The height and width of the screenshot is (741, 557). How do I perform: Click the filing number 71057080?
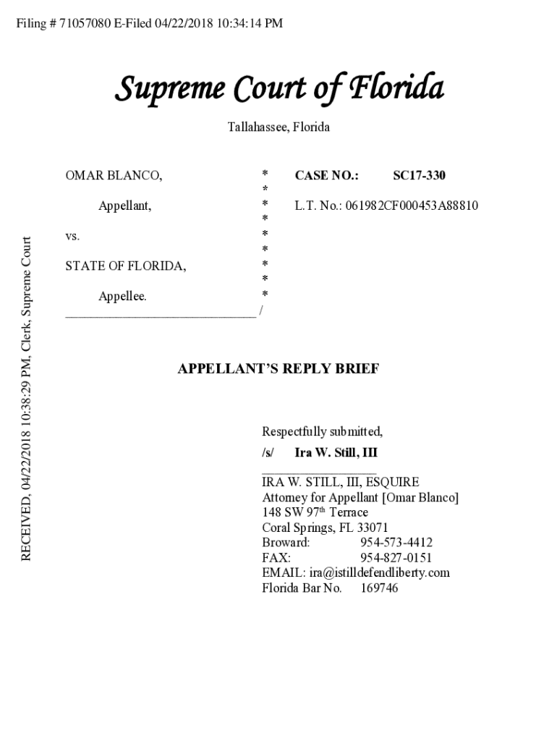pos(85,24)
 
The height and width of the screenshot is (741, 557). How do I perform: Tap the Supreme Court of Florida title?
pos(278,89)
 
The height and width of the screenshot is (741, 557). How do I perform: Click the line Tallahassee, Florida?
pos(278,127)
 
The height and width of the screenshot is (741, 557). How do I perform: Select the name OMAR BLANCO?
pos(114,175)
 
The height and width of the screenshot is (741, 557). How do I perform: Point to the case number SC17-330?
pos(419,175)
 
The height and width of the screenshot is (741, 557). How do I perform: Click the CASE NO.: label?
pos(326,175)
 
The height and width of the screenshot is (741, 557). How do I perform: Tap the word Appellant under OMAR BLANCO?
pos(124,206)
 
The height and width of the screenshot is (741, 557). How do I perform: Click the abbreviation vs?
pos(72,236)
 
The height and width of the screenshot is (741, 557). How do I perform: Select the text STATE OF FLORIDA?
pos(125,266)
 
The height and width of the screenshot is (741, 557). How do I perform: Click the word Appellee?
pos(122,297)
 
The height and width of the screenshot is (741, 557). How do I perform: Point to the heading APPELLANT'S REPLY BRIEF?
pos(278,369)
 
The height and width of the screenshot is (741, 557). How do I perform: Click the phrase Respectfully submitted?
pos(322,432)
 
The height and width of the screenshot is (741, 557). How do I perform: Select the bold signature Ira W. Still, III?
pos(336,453)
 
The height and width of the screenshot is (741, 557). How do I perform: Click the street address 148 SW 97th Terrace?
pos(315,512)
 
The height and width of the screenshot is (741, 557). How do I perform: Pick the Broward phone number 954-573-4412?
pos(396,543)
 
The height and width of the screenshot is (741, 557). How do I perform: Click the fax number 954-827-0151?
pos(396,558)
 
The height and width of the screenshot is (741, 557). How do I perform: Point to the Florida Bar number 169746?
pos(379,588)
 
